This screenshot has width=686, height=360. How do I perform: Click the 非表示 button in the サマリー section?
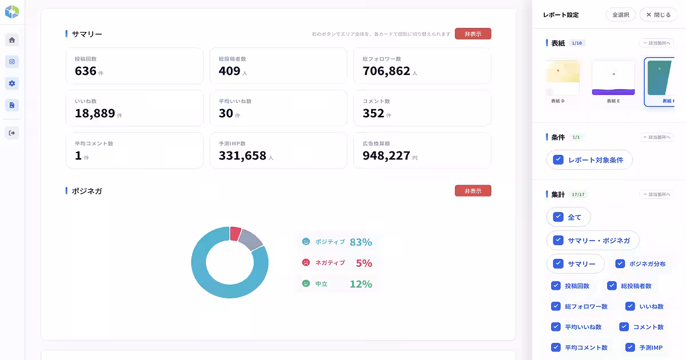[473, 34]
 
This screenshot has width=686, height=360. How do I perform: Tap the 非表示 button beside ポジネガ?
[473, 191]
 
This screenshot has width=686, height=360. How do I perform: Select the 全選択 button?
[620, 15]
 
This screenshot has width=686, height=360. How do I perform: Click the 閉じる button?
[659, 15]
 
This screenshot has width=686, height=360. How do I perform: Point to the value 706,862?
[386, 71]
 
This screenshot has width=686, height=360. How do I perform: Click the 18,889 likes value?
[95, 113]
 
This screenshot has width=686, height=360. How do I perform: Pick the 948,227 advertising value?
[386, 155]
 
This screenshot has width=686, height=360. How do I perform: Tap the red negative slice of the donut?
[235, 233]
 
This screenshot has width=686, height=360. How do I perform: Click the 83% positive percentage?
[361, 242]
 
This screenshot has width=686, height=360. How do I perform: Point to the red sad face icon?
[306, 262]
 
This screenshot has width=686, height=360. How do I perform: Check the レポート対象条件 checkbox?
[558, 160]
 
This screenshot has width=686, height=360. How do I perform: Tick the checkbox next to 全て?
[558, 217]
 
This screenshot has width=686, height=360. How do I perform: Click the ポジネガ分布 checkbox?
[620, 263]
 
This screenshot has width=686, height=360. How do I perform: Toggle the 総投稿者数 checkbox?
[612, 285]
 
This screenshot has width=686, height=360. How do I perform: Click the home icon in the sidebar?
[12, 40]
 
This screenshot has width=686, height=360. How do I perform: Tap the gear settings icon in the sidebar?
[12, 83]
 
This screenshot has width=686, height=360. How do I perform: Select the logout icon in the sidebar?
[12, 133]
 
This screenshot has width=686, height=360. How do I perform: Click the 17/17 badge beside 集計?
[579, 194]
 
